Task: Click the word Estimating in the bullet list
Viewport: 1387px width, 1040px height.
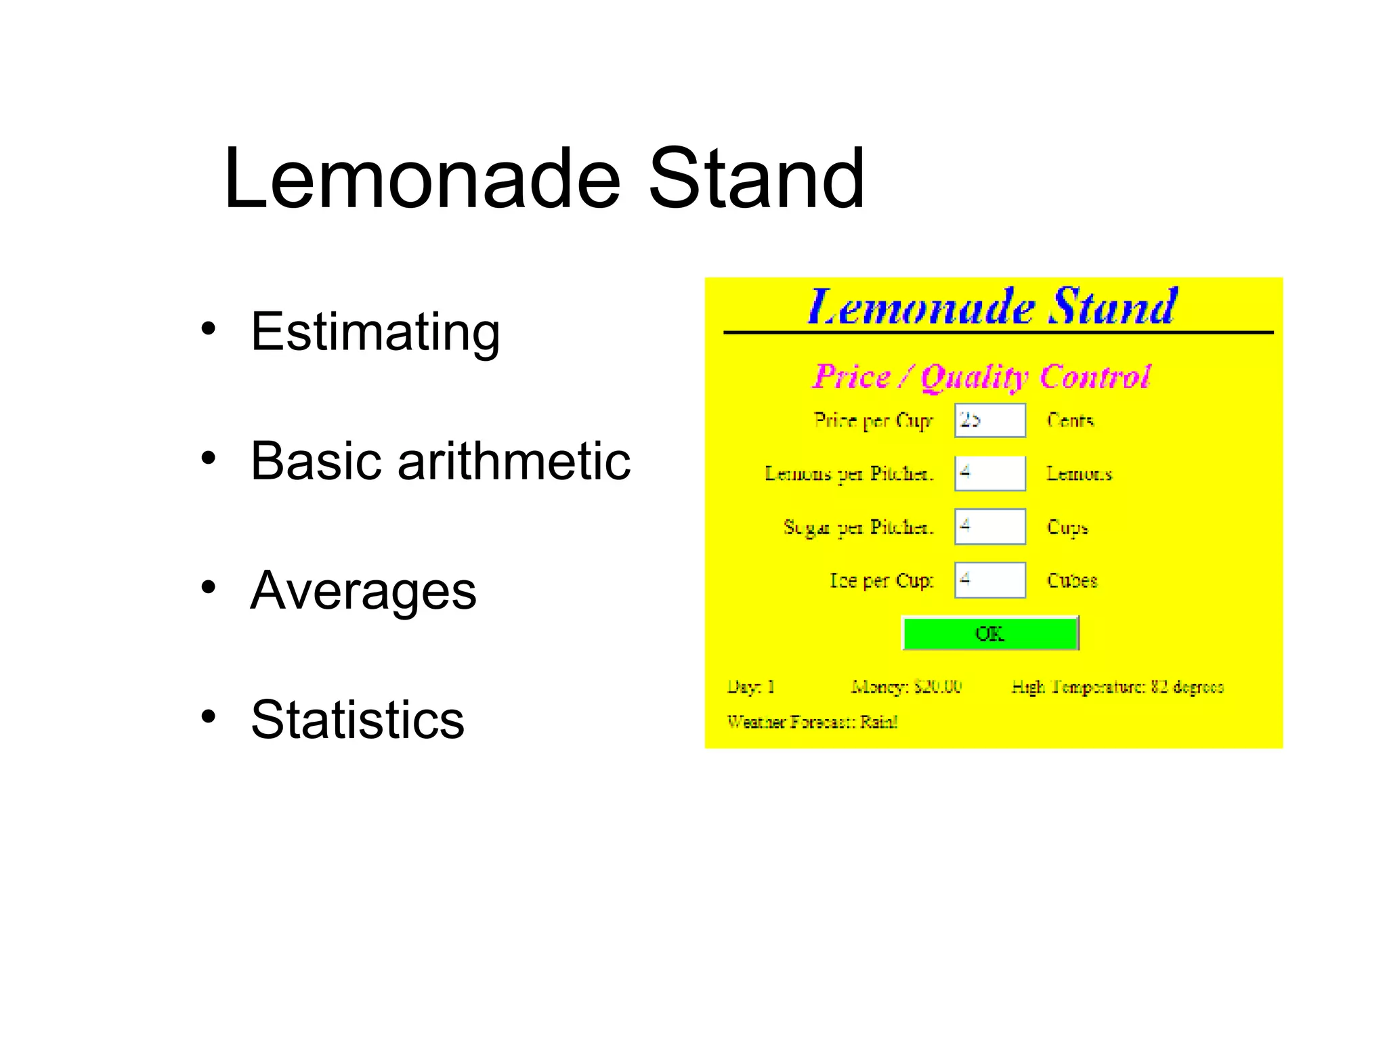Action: tap(375, 332)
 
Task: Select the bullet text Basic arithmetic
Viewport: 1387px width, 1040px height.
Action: tap(440, 461)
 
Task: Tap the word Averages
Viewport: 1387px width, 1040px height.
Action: tap(363, 590)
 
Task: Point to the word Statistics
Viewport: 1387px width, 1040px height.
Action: tap(358, 719)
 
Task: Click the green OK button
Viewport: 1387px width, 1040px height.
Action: tap(990, 634)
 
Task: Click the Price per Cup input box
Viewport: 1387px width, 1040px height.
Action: tap(990, 420)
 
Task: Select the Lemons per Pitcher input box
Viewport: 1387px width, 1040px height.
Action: tap(990, 473)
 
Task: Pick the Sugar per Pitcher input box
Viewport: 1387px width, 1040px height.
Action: tap(990, 527)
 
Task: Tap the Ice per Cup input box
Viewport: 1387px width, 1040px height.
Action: tap(990, 580)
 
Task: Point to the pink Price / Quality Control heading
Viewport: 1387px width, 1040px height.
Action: tap(981, 376)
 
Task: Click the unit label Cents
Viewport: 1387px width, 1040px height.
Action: tap(1070, 420)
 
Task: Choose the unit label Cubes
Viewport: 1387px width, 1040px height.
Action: tap(1072, 580)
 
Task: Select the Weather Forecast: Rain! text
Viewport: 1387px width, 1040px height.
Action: tap(812, 722)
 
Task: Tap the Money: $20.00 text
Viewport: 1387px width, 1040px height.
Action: tap(906, 687)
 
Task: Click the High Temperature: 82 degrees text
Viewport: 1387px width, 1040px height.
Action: tap(1117, 687)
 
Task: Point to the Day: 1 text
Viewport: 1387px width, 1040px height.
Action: tap(750, 687)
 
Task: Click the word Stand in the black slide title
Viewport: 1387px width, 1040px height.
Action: tap(756, 179)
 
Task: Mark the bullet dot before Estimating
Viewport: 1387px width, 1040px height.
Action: tap(208, 328)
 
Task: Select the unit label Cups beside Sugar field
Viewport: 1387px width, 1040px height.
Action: tap(1067, 527)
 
